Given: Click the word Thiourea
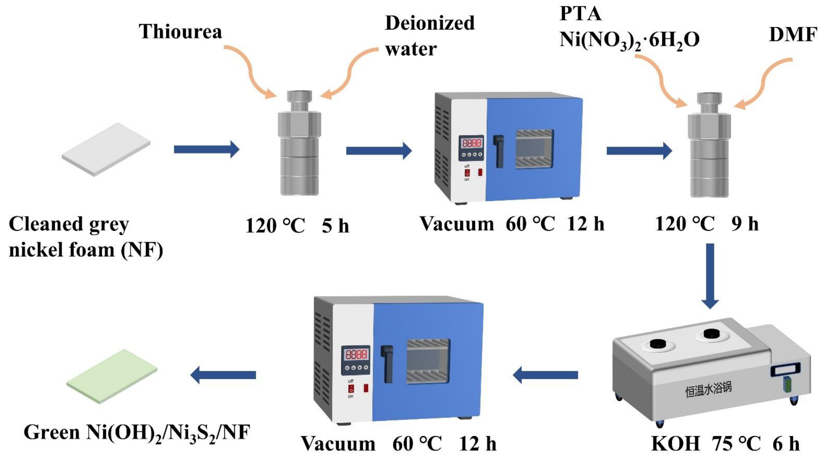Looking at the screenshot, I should pyautogui.click(x=180, y=31).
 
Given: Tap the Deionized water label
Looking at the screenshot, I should pyautogui.click(x=429, y=36).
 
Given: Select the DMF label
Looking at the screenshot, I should pyautogui.click(x=793, y=35).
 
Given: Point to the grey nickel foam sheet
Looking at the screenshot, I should pyautogui.click(x=106, y=150).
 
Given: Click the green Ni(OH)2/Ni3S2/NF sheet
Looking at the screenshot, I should pyautogui.click(x=112, y=376).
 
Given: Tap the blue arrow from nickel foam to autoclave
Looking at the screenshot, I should pyautogui.click(x=206, y=149).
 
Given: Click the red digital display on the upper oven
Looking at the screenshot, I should pyautogui.click(x=472, y=143).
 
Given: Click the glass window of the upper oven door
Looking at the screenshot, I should pyautogui.click(x=534, y=149).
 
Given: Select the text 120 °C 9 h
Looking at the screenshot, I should pyautogui.click(x=707, y=224).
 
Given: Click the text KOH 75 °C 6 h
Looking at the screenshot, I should pyautogui.click(x=725, y=444).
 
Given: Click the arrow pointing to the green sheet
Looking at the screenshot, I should pyautogui.click(x=223, y=375).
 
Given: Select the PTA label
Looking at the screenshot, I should pyautogui.click(x=580, y=14).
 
